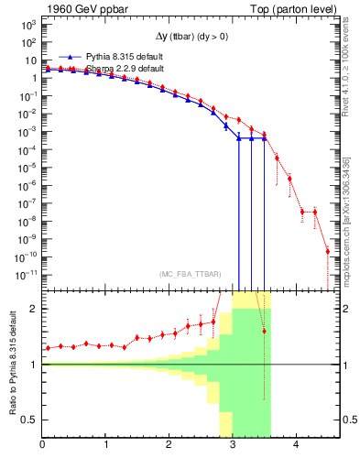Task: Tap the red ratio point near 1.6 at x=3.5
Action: [x=264, y=331]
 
